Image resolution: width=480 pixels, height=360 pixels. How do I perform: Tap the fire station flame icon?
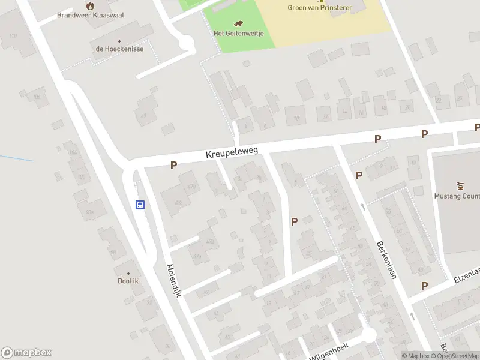[90, 5]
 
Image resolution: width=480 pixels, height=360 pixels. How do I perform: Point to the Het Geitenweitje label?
[238, 33]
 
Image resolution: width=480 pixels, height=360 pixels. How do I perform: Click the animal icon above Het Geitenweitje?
[239, 24]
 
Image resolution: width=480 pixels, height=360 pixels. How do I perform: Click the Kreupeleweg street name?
[232, 154]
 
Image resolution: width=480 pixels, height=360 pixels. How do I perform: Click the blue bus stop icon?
[140, 205]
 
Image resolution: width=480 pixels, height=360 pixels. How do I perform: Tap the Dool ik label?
[128, 281]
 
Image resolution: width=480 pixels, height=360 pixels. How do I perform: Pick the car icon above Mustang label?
[460, 185]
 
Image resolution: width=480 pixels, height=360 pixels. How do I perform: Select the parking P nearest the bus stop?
[173, 165]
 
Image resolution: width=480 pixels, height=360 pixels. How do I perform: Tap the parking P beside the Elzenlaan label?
[424, 286]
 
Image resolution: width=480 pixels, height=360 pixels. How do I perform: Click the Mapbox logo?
[26, 353]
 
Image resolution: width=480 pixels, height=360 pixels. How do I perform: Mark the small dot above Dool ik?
[128, 273]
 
